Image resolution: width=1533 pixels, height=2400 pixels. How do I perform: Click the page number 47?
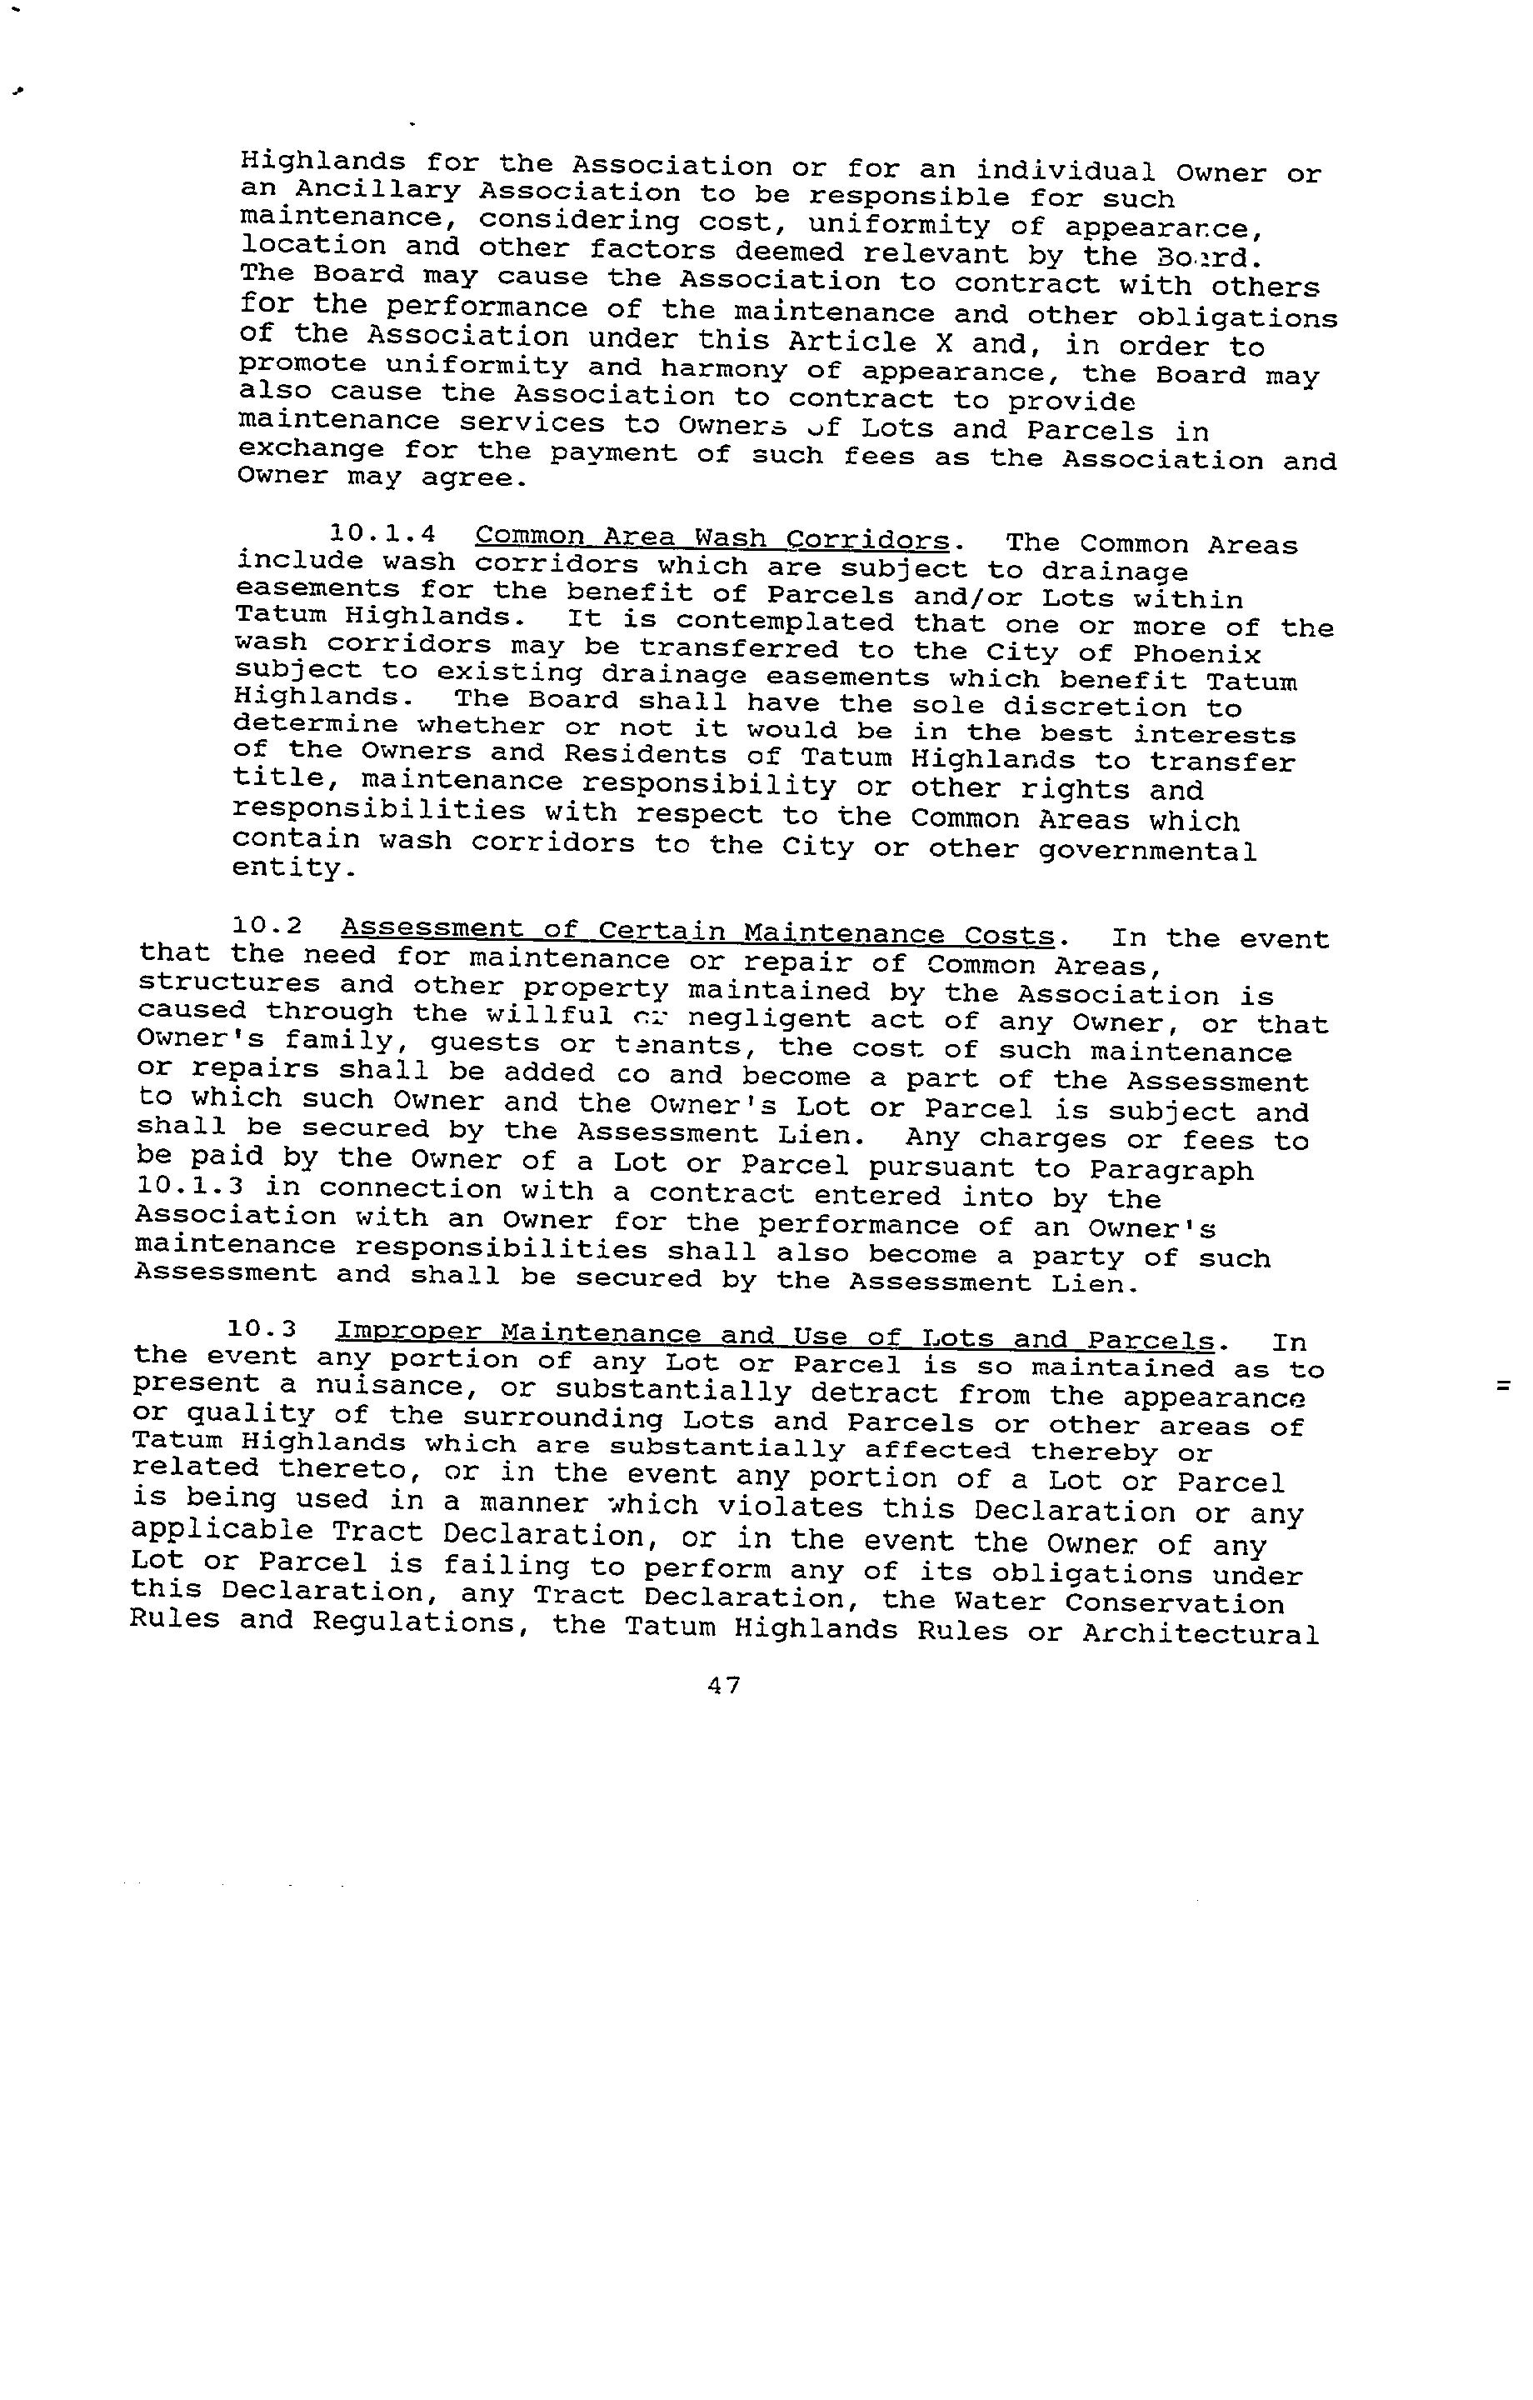tap(724, 1685)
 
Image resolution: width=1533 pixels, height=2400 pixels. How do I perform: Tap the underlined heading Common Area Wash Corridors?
tap(712, 539)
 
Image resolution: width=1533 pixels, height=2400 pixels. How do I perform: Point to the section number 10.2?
tap(267, 926)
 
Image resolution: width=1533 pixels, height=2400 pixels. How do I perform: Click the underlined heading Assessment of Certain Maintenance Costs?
tap(697, 932)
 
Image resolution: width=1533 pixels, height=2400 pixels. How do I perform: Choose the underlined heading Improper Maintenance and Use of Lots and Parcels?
tap(775, 1336)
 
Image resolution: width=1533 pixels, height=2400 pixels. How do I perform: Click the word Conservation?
tap(1174, 1603)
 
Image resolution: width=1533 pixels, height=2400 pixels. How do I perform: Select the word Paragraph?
tap(1171, 1169)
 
